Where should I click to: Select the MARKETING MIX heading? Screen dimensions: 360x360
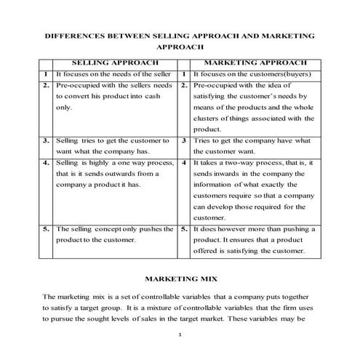click(179, 278)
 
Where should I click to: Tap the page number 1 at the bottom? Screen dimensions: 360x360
click(180, 335)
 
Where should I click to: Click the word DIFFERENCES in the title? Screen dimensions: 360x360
click(75, 34)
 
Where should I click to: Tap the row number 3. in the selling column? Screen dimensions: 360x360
click(46, 140)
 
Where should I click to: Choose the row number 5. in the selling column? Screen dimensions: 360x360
click(46, 228)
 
